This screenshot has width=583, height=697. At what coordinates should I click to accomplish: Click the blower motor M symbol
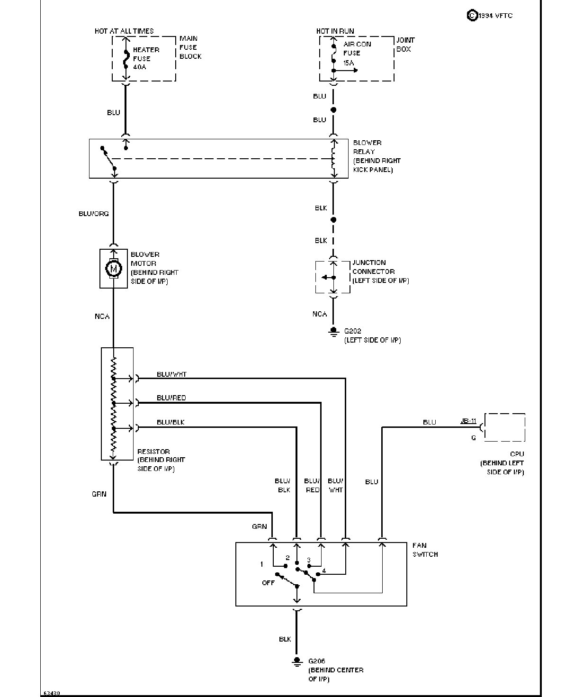(x=114, y=268)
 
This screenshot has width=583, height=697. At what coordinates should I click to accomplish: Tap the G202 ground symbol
(x=333, y=332)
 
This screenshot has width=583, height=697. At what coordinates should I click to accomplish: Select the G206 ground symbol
(x=296, y=661)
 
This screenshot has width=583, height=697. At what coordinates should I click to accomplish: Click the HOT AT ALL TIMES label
(x=124, y=31)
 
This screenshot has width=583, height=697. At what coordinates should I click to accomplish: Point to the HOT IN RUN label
(x=335, y=31)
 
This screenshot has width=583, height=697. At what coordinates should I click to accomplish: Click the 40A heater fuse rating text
(x=140, y=67)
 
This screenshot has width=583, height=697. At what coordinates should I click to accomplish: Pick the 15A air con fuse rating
(x=349, y=63)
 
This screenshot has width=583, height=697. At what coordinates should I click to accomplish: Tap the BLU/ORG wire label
(x=94, y=214)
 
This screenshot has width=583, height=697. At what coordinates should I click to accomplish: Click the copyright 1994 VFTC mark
(x=490, y=15)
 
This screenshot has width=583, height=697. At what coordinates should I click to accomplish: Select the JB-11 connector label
(x=468, y=421)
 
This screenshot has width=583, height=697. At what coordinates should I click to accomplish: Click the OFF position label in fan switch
(x=269, y=583)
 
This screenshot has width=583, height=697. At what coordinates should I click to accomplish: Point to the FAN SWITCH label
(x=425, y=550)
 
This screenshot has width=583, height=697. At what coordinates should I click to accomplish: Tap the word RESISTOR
(x=153, y=451)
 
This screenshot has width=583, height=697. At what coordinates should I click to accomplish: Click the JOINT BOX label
(x=405, y=45)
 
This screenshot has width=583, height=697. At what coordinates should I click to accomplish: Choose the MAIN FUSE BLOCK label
(x=190, y=47)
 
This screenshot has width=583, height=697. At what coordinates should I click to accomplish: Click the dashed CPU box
(x=504, y=414)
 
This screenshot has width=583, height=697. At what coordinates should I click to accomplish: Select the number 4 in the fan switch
(x=323, y=570)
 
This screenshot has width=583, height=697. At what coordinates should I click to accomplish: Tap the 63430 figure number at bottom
(x=52, y=693)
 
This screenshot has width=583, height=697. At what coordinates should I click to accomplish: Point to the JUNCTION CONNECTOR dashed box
(x=316, y=277)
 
